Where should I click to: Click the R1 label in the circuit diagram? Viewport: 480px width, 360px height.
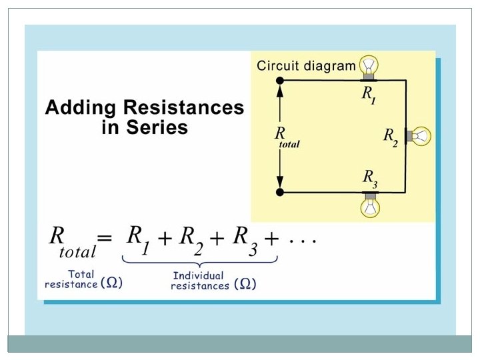(369, 94)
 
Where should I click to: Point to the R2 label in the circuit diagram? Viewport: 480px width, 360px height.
(390, 136)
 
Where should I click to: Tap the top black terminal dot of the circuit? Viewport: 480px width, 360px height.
(280, 81)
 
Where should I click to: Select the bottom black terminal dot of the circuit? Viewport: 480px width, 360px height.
(280, 192)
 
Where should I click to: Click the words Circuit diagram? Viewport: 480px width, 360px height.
(306, 65)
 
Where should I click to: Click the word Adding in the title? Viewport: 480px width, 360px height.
(77, 108)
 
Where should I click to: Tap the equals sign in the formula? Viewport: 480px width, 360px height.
(105, 238)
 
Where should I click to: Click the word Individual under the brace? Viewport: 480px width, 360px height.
(198, 275)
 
